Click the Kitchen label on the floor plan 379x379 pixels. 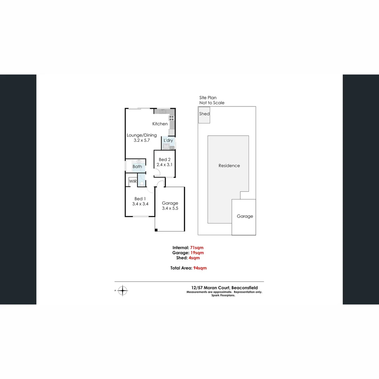tap(160, 124)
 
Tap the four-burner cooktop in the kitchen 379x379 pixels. tap(172, 118)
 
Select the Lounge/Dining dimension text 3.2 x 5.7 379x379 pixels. tap(141, 140)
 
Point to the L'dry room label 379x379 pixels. tap(168, 140)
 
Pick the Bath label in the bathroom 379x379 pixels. tap(137, 167)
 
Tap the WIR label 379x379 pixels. tap(133, 181)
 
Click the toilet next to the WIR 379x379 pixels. tap(141, 182)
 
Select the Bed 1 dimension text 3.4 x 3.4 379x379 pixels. tap(140, 204)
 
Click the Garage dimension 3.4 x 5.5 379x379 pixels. tap(170, 208)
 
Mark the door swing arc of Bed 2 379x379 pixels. tap(158, 172)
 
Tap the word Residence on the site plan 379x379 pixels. tap(229, 166)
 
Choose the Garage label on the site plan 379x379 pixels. tap(245, 217)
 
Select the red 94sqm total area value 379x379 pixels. tap(200, 268)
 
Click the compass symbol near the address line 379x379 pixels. tap(122, 291)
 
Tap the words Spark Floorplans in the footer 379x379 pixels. tap(223, 295)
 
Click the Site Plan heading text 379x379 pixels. tap(208, 98)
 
